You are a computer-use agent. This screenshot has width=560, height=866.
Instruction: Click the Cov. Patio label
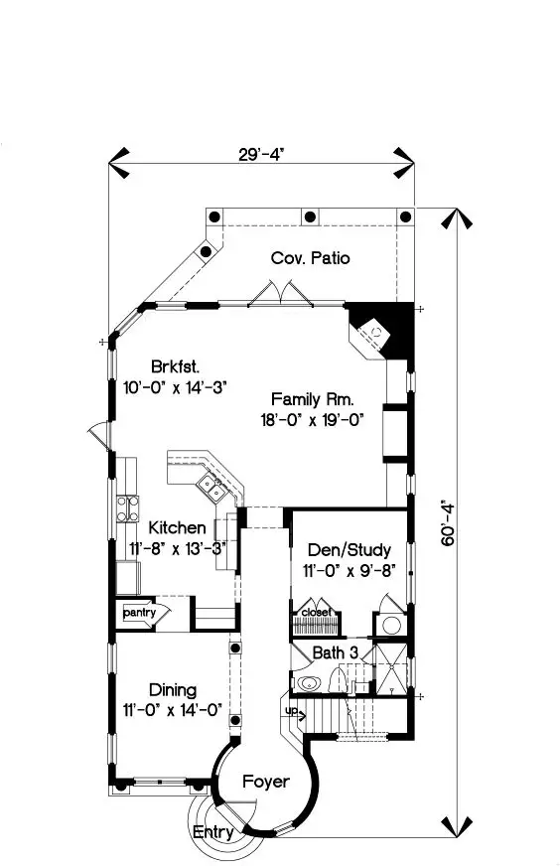point(311,258)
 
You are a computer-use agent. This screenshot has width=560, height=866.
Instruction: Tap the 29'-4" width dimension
point(261,155)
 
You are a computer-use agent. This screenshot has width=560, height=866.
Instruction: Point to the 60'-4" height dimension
point(448,523)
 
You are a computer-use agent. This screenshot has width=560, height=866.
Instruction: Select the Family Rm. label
point(312,399)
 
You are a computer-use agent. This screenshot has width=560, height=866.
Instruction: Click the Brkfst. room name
point(175,366)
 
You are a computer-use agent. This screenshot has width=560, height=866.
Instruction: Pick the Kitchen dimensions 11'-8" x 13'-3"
point(178,548)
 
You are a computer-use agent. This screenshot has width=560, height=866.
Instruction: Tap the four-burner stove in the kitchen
point(127,508)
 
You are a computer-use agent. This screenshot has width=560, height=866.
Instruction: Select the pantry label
point(139,613)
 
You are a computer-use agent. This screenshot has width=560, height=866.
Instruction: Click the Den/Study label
point(350,549)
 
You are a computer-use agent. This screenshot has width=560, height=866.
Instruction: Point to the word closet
point(317,612)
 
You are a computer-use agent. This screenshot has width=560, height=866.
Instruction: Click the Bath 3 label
point(336,652)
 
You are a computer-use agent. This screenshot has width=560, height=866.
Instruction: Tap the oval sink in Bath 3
point(308,683)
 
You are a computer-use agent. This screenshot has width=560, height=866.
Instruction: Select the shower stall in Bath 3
point(391,667)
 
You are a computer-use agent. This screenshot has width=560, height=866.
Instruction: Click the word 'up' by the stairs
point(292,710)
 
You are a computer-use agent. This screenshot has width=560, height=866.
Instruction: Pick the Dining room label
point(173,690)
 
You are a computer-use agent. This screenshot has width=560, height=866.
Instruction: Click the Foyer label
point(266,782)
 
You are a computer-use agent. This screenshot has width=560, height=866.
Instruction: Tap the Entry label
point(212,832)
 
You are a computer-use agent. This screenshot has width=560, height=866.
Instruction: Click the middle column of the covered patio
point(311,216)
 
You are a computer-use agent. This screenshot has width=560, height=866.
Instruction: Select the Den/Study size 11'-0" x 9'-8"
point(350,570)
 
